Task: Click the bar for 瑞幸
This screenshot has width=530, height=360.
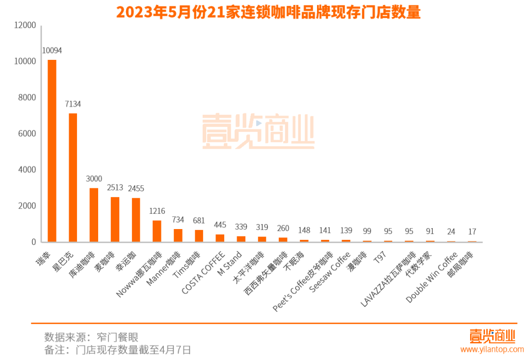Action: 52,151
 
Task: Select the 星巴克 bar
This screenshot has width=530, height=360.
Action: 73,178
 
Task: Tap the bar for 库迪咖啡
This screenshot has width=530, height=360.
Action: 94,215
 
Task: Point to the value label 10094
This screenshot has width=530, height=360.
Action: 52,51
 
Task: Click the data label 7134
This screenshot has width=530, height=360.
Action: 73,104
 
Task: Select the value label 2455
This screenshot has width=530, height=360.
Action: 136,188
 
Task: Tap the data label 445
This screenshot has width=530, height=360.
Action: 220,225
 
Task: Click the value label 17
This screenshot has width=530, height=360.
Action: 472,231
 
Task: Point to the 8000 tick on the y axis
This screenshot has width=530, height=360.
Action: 26,98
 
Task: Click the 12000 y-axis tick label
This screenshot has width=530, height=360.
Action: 25,26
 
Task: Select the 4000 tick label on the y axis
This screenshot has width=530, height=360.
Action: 26,170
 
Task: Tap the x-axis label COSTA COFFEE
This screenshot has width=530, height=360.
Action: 204,272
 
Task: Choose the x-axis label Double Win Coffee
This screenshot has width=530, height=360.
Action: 432,277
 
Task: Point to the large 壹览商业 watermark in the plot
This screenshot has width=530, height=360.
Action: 258,131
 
